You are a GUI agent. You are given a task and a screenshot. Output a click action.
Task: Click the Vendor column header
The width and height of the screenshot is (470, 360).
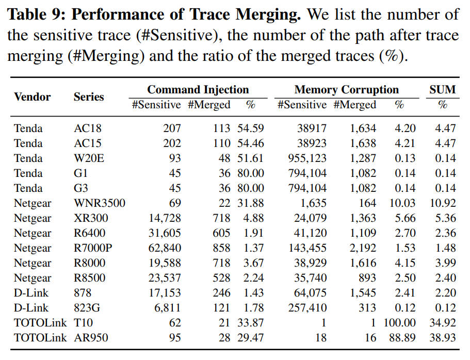[33, 97]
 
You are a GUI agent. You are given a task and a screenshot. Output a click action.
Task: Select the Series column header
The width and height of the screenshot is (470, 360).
[89, 97]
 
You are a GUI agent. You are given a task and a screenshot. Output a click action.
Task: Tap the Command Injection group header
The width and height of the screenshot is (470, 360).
[198, 90]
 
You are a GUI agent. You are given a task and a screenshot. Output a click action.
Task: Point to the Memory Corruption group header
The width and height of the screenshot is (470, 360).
[347, 90]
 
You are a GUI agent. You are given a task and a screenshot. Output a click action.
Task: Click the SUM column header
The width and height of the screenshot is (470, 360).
[443, 90]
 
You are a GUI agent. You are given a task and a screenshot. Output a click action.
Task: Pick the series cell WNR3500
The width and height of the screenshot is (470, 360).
[100, 203]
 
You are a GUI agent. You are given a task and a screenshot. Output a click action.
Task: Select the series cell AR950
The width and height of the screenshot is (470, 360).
[91, 337]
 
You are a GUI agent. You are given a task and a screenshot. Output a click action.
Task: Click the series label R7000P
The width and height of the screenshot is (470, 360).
[93, 248]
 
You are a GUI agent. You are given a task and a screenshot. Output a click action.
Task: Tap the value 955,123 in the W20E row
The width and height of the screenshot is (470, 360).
[307, 158]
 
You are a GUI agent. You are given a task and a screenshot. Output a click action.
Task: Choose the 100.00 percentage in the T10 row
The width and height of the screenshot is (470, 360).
[399, 322]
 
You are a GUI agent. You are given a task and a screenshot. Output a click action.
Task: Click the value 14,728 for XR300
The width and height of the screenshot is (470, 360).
[165, 218]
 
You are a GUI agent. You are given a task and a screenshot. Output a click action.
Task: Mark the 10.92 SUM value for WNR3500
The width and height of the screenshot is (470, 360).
[443, 203]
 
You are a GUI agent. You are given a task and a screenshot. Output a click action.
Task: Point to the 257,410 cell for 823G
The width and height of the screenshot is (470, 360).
[307, 308]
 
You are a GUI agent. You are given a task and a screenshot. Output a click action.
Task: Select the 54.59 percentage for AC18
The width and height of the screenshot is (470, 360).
[251, 128]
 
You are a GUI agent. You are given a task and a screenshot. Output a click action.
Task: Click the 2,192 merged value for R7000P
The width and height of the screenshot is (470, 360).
[363, 248]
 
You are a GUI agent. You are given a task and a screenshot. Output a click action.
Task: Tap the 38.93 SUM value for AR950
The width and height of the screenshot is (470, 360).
[443, 337]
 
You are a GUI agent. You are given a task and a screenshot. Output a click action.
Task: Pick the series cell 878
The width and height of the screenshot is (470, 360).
[83, 293]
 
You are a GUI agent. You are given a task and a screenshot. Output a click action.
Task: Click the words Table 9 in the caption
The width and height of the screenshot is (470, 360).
[36, 14]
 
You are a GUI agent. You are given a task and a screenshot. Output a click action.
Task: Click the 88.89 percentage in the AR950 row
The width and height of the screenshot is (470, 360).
[402, 337]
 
